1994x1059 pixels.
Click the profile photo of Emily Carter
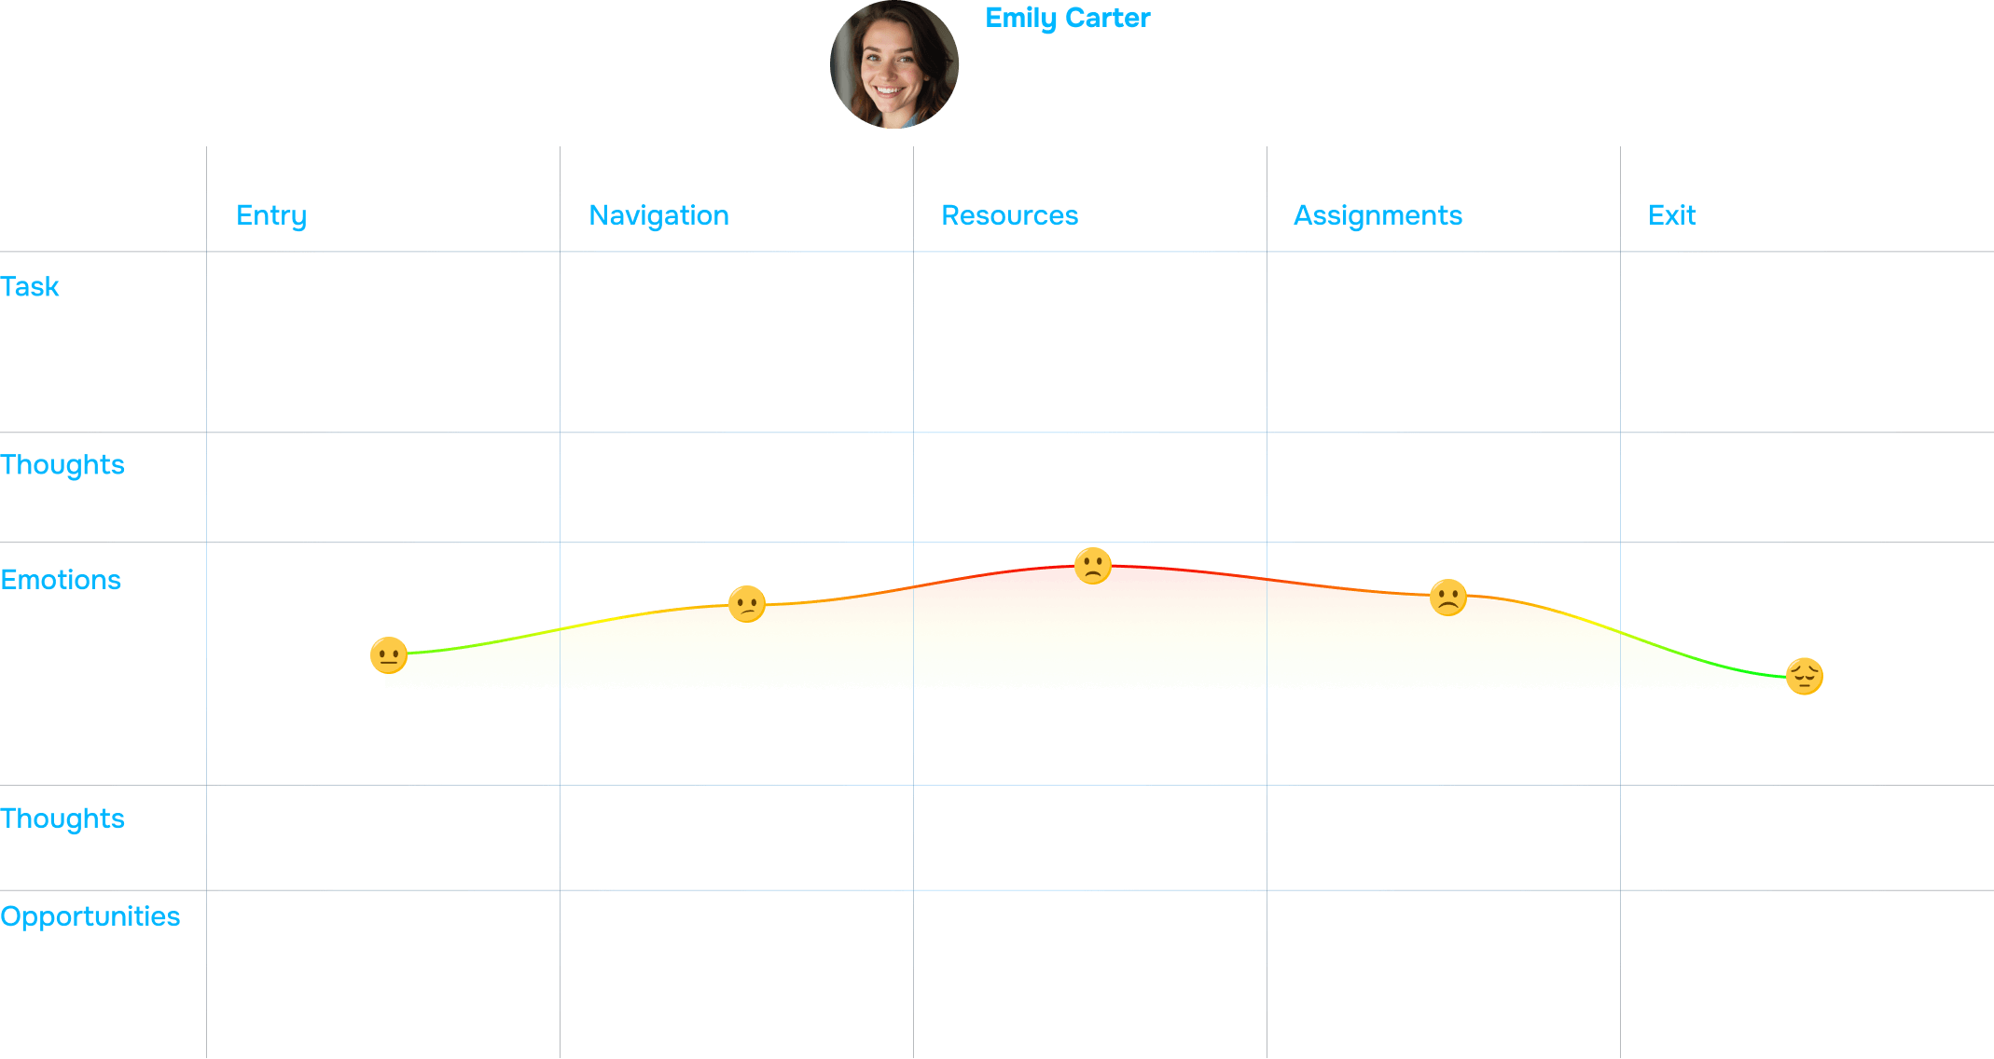(893, 64)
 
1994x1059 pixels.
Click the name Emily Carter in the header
(1067, 18)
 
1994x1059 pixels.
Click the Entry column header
(270, 215)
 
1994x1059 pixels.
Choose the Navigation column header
(658, 215)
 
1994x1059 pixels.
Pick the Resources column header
(1009, 215)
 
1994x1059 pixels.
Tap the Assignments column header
(1377, 215)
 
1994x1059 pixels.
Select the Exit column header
(1671, 215)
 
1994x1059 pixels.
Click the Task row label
(30, 286)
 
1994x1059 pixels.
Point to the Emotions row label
(61, 580)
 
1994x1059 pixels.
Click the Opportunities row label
(90, 916)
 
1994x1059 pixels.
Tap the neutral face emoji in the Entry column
(388, 655)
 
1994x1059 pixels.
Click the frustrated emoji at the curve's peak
(1092, 566)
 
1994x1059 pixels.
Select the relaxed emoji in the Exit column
(1804, 676)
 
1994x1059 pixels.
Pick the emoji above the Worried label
(1447, 597)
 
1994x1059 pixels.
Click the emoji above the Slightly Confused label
(746, 603)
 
